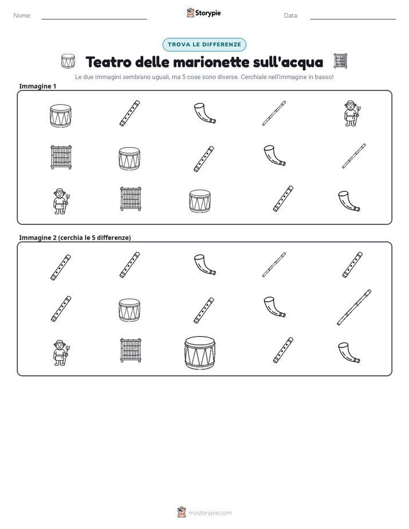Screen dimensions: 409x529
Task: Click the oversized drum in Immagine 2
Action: [200, 353]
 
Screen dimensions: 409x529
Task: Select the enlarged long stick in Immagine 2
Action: [354, 307]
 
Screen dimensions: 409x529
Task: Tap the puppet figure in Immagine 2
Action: [61, 353]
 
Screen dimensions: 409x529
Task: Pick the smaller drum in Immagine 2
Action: [129, 310]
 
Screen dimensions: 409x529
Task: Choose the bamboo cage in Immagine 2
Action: [131, 350]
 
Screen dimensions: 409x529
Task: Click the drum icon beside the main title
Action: [68, 61]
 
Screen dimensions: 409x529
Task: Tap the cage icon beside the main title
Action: [340, 61]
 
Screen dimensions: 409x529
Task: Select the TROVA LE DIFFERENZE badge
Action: [204, 45]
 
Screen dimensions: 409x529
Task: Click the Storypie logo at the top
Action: [203, 13]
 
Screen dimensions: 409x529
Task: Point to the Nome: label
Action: [22, 15]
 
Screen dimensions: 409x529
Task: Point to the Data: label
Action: [291, 15]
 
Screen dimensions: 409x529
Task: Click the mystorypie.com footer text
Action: [210, 513]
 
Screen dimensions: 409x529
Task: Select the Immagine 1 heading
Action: [37, 86]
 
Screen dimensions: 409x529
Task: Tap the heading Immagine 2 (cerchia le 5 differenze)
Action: [75, 238]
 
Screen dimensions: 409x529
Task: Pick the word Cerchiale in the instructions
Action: [253, 77]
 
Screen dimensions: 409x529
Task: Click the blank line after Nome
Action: [94, 19]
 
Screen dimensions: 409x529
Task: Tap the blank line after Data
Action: [353, 19]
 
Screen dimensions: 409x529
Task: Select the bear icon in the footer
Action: [182, 512]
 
